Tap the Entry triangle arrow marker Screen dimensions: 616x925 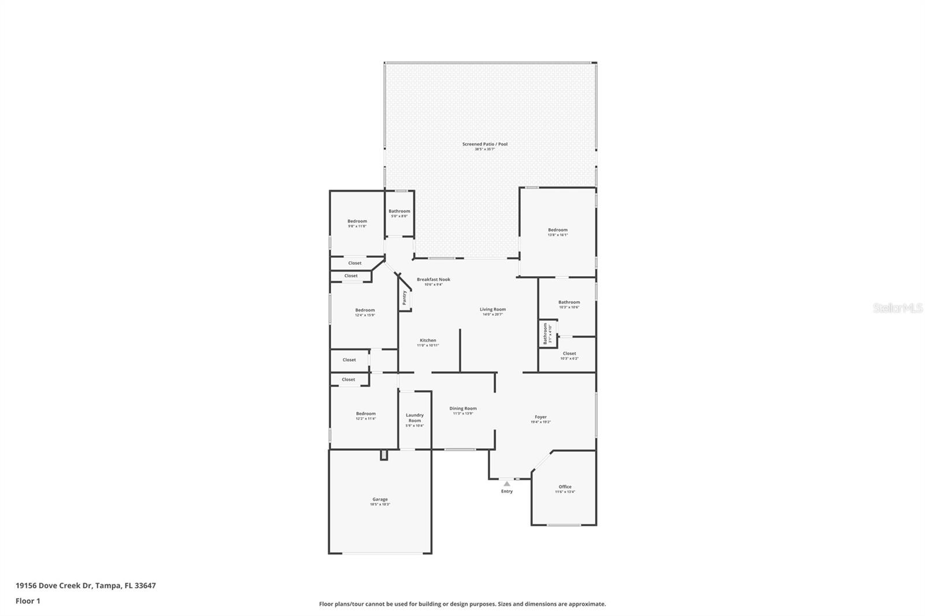pyautogui.click(x=506, y=484)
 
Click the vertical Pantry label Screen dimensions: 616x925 pyautogui.click(x=404, y=298)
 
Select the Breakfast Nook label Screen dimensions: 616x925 pyautogui.click(x=433, y=280)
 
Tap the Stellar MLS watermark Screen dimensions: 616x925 pyautogui.click(x=897, y=308)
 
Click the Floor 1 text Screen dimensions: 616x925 pyautogui.click(x=28, y=601)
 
